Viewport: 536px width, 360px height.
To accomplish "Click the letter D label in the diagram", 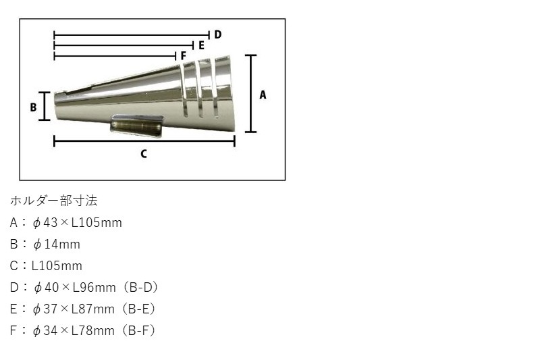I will point(218,34).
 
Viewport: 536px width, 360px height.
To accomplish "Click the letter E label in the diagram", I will point(200,45).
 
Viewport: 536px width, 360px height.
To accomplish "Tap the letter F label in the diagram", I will point(183,55).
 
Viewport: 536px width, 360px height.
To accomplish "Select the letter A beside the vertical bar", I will point(263,95).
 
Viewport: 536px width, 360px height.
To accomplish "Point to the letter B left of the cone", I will point(32,107).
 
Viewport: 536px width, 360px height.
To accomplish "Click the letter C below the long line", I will point(143,154).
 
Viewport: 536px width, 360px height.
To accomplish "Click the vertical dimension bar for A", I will point(251,94).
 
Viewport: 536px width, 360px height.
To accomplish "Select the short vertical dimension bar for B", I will point(45,106).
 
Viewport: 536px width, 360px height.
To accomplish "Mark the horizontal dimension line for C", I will point(144,141).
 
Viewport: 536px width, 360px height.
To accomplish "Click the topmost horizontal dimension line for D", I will point(132,34).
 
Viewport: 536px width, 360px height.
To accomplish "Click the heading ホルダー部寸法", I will point(54,201).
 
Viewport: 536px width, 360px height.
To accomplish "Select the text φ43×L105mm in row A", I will point(77,222).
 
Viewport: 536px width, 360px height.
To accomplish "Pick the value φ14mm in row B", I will point(56,244).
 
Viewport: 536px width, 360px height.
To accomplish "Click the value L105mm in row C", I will point(57,265).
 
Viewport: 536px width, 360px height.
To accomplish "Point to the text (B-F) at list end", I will point(140,330).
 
